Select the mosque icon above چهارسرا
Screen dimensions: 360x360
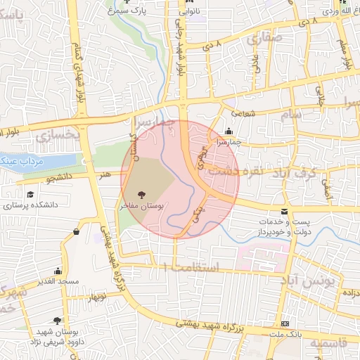229,131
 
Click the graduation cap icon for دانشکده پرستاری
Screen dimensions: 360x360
30,195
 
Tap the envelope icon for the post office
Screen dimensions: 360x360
284,211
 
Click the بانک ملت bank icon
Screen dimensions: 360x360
284,323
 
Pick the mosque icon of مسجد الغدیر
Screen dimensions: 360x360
58,271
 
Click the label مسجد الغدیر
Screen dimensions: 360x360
58,283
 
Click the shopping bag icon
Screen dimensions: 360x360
75,232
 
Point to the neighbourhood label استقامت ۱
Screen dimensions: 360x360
191,267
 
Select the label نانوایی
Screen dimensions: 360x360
188,12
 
